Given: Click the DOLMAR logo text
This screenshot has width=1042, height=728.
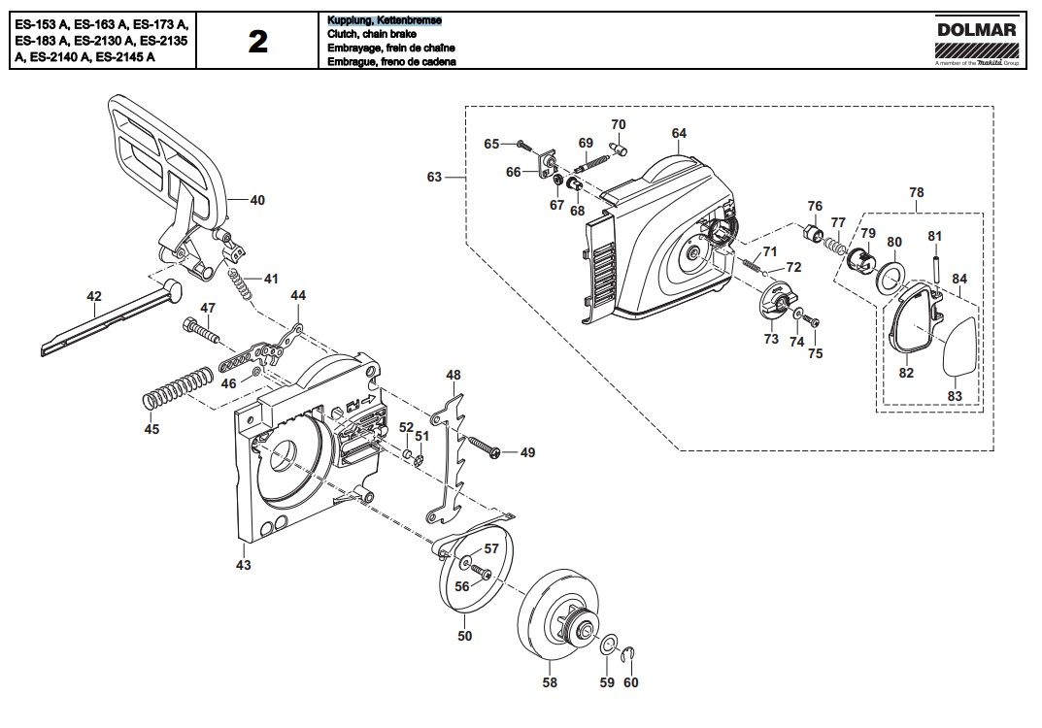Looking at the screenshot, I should (x=977, y=30).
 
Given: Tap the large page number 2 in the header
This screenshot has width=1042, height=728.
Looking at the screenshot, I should (x=257, y=42).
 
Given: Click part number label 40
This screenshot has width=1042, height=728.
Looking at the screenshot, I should (x=256, y=201).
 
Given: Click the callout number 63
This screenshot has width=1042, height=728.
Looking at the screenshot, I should (x=434, y=177).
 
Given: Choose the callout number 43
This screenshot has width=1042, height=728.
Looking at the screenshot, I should (x=244, y=564).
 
